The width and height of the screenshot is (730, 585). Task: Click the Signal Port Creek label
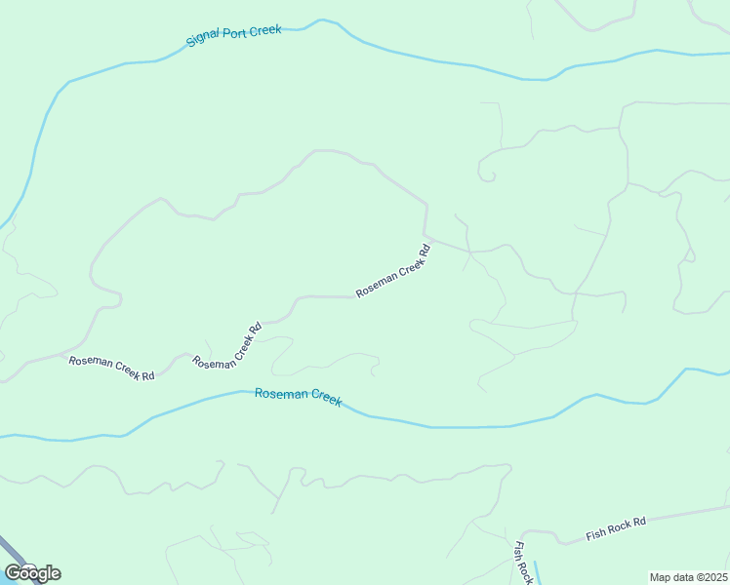tap(233, 36)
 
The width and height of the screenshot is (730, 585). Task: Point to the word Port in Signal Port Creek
tap(234, 35)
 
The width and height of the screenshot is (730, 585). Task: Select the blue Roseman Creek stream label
tap(298, 396)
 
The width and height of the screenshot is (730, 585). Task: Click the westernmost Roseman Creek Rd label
tap(111, 368)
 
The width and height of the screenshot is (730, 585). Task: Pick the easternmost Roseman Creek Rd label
tap(393, 271)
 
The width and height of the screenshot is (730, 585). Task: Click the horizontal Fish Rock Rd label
tap(616, 529)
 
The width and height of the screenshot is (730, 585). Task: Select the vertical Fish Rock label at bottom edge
tap(522, 563)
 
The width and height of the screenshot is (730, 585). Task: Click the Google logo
tap(32, 573)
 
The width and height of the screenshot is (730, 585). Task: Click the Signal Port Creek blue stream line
tap(439, 61)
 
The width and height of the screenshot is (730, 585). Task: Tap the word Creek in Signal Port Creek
tap(265, 30)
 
